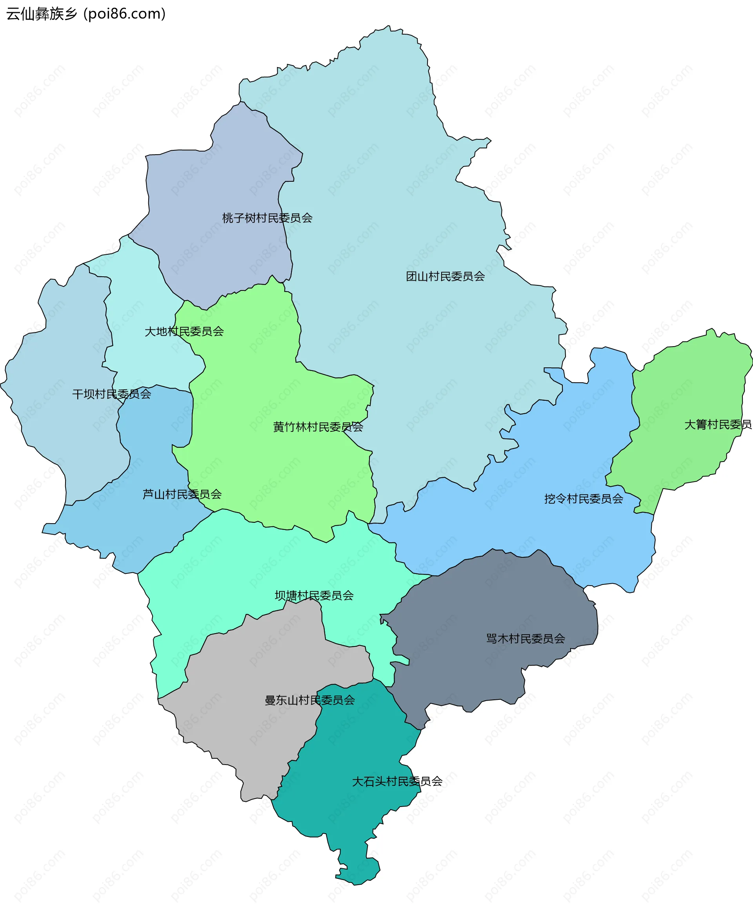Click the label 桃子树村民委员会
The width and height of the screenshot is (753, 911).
click(x=267, y=218)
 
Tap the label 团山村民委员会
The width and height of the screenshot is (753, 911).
click(x=445, y=276)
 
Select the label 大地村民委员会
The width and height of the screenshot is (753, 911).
click(x=184, y=331)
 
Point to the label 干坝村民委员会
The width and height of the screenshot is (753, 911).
click(x=111, y=394)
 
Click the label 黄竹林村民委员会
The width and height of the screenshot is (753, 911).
click(x=318, y=427)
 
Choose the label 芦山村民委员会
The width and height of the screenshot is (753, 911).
click(x=182, y=494)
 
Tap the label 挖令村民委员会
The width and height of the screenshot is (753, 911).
click(x=584, y=499)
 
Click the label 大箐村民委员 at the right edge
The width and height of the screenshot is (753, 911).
click(x=717, y=424)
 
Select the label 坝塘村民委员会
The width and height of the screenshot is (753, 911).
click(x=314, y=595)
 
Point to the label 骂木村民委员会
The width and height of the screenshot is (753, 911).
click(x=526, y=639)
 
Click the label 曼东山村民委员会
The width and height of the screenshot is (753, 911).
click(x=309, y=700)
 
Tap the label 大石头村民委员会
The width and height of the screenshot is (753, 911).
click(x=397, y=781)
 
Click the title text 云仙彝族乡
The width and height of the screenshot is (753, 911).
click(x=42, y=14)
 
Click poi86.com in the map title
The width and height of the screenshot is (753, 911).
click(x=124, y=14)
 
